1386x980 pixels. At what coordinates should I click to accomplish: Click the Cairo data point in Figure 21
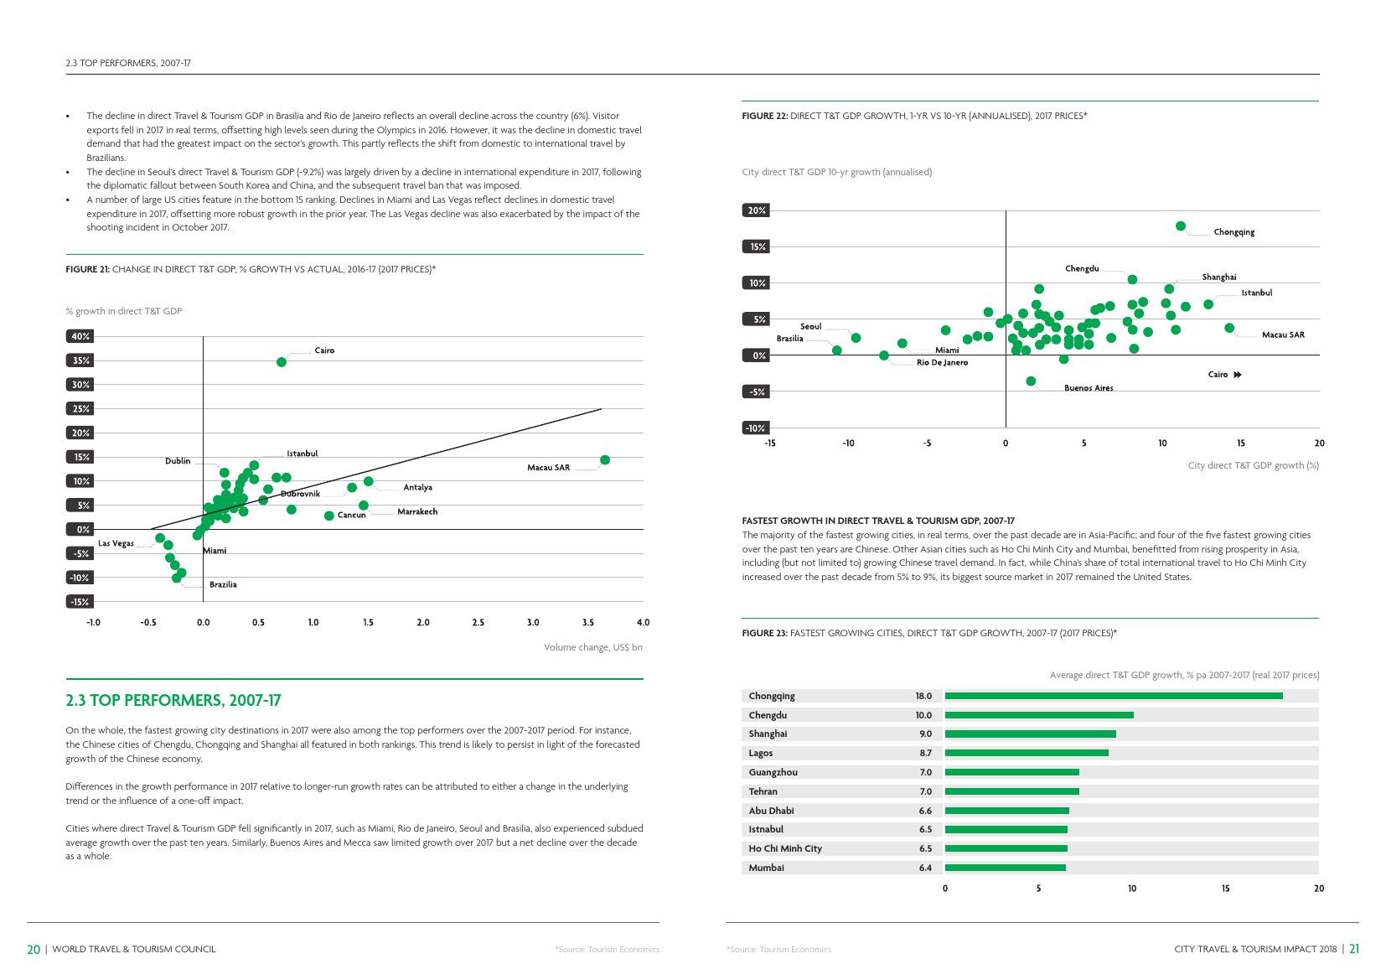[282, 362]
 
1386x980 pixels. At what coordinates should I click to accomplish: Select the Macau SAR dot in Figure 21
[605, 459]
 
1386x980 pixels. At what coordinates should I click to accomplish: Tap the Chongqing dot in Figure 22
[1181, 226]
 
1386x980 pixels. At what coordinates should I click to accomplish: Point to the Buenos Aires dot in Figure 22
[1031, 381]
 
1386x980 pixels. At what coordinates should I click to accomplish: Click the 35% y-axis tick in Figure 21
[80, 360]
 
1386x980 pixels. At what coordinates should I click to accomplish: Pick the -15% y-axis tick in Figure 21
[80, 602]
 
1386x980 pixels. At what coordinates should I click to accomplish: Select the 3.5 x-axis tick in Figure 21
[588, 623]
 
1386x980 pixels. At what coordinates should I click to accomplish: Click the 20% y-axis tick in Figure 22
[757, 210]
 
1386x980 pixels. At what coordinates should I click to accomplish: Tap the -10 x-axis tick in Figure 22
[848, 443]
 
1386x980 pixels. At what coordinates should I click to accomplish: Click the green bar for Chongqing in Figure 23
[1114, 696]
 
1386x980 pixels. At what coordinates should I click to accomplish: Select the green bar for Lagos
[1027, 753]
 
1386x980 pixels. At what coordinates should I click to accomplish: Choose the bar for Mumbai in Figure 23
[1006, 868]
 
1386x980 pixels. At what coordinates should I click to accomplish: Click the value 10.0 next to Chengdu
[923, 715]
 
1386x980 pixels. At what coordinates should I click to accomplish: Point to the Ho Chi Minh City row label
[785, 848]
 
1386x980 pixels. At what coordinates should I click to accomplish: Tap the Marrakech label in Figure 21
[417, 511]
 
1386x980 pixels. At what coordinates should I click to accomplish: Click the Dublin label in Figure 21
[178, 461]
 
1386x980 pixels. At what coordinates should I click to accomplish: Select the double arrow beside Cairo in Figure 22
[1238, 375]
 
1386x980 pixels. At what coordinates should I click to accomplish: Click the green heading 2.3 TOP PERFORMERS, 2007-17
[173, 701]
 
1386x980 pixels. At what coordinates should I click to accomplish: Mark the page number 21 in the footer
[1353, 949]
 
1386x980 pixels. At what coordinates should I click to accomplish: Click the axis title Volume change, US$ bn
[593, 647]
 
